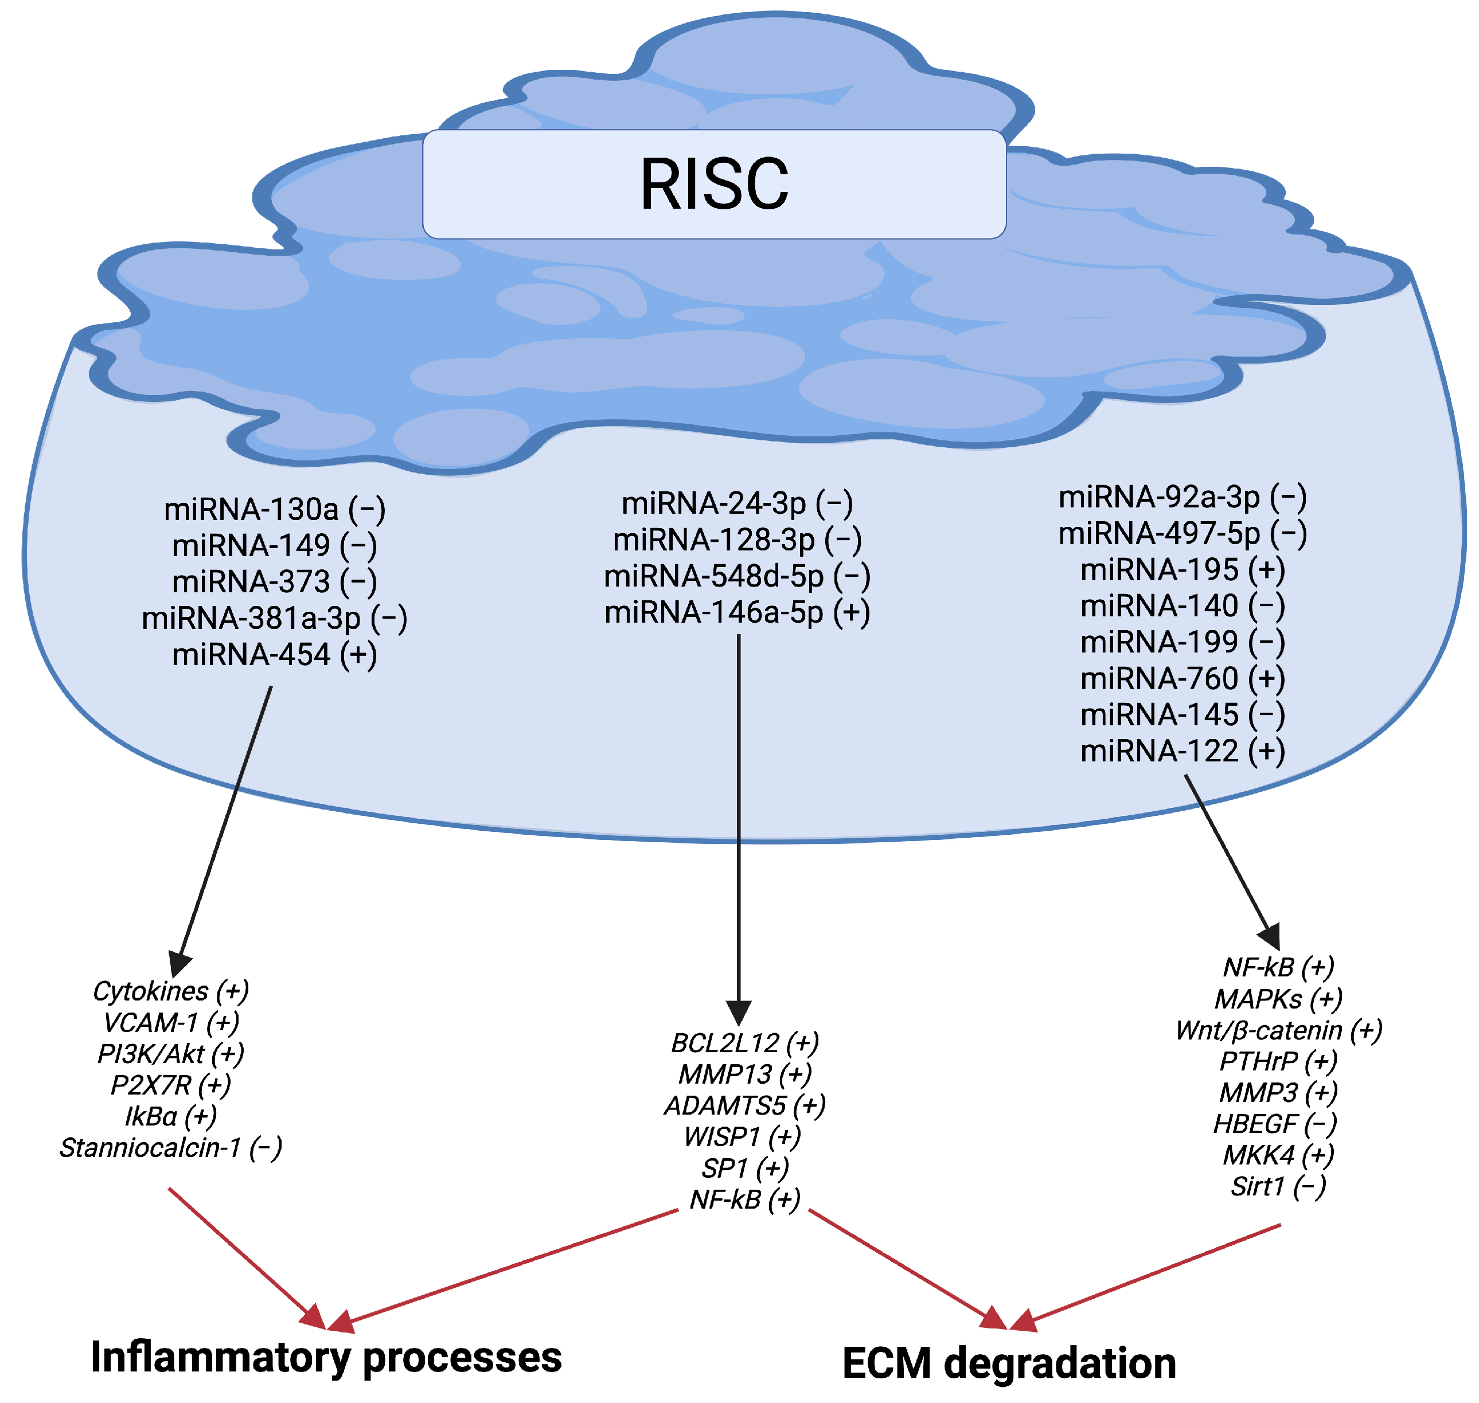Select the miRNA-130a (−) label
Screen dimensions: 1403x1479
coord(275,509)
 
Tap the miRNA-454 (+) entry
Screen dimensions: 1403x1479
coord(275,654)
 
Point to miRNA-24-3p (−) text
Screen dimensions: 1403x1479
coord(737,503)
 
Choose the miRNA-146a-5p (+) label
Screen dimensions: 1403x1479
coord(737,612)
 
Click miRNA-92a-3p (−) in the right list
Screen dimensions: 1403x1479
coord(1182,497)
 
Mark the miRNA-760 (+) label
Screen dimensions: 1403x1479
coord(1182,678)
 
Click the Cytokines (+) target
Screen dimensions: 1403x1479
coord(170,991)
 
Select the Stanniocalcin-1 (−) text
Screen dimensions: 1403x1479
coord(170,1147)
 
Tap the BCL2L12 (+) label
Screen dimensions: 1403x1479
coord(744,1042)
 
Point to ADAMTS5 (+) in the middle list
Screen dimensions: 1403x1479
coord(744,1105)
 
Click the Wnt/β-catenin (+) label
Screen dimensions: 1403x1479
coord(1278,1030)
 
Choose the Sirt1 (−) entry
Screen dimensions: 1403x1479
coord(1278,1186)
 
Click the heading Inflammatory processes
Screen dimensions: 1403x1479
coord(325,1357)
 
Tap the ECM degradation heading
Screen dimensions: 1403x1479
coord(1008,1363)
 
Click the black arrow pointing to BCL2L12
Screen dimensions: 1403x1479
coord(739,823)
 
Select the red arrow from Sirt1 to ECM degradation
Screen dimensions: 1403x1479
coord(1152,1273)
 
